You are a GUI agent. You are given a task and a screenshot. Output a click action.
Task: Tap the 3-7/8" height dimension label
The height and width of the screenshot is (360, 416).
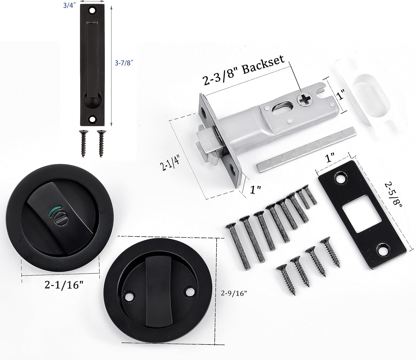(124, 63)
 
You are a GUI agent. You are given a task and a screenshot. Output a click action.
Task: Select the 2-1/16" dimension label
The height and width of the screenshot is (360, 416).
(64, 285)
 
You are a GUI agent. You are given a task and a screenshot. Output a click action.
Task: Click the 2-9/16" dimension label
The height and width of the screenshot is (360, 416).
(234, 293)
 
